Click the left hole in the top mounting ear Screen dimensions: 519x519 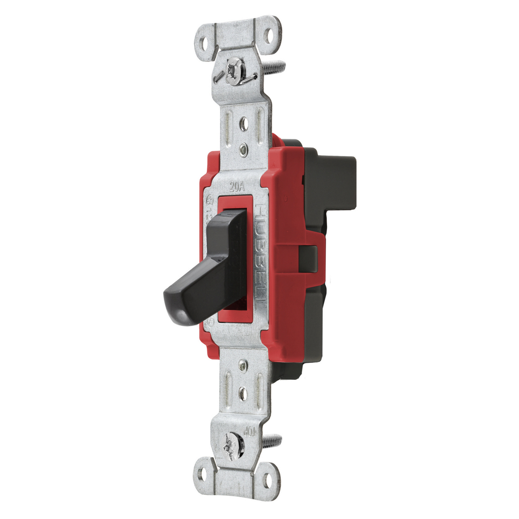pos(205,42)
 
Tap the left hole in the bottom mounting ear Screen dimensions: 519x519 pos(203,474)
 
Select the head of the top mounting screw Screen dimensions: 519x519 pos(234,71)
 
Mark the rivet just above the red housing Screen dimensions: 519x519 pos(244,149)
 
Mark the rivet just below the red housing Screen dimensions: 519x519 pos(243,364)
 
